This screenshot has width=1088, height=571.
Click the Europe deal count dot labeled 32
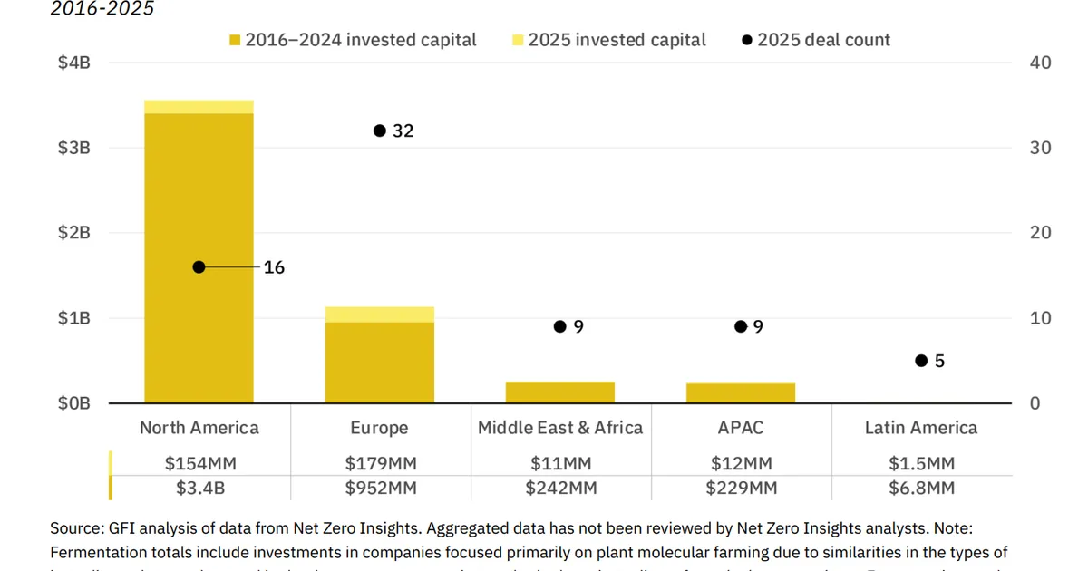(x=380, y=131)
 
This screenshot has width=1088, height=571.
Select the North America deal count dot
(x=199, y=267)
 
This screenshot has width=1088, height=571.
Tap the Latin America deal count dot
(x=921, y=361)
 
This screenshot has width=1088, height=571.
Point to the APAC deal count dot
(x=741, y=326)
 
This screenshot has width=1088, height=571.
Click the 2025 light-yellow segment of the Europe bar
(x=380, y=315)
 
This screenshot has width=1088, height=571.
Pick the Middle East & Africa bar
(x=560, y=392)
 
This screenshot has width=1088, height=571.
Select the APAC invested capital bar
(x=741, y=393)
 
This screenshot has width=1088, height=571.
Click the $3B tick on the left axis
(x=73, y=148)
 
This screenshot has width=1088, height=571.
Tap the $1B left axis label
(x=73, y=318)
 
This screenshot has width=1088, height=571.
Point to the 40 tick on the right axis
(x=1041, y=63)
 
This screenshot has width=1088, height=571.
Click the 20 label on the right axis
(x=1041, y=233)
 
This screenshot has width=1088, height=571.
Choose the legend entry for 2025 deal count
(x=816, y=40)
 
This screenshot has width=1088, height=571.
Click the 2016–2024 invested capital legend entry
(x=353, y=40)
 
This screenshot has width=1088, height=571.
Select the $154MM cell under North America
(x=200, y=463)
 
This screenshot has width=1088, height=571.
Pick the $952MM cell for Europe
(x=381, y=489)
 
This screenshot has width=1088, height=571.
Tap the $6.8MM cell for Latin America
(x=921, y=489)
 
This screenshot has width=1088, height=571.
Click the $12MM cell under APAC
(x=742, y=463)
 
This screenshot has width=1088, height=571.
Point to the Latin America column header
(x=921, y=428)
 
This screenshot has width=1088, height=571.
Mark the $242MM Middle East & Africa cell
(x=560, y=489)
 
